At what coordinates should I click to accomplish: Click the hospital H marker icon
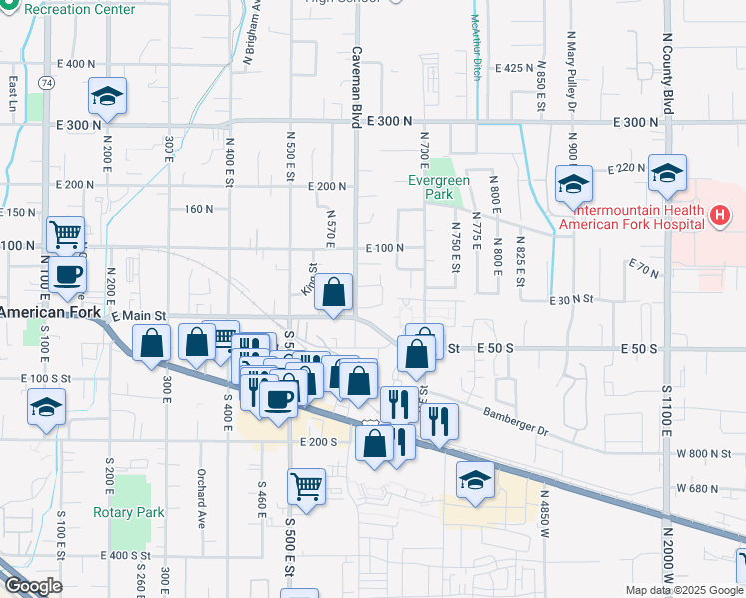tap(718, 214)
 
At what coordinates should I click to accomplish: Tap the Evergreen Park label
tap(431, 188)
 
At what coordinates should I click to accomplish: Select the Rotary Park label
tap(128, 512)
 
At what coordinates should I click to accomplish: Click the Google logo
tap(33, 586)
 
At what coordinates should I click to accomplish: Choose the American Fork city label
tap(50, 312)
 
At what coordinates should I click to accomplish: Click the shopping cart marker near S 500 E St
tap(306, 487)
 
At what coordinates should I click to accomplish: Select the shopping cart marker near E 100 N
tap(65, 235)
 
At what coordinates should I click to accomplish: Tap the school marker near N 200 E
tap(107, 96)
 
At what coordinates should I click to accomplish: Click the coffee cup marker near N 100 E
tap(67, 274)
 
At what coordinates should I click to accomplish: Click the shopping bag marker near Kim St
tap(336, 292)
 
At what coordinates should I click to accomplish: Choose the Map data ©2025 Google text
tap(682, 590)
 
